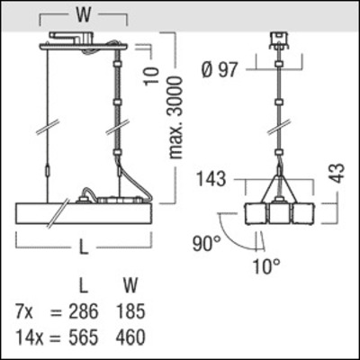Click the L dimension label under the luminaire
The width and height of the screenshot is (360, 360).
tap(84, 245)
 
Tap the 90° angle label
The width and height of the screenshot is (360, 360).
tap(206, 244)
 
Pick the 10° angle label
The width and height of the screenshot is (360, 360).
tap(267, 266)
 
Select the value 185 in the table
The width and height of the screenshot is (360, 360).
tap(132, 315)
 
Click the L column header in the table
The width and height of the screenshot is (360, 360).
tap(83, 288)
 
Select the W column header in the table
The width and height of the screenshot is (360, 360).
tap(130, 288)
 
